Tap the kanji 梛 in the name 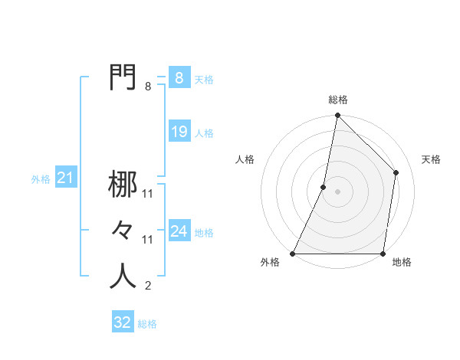pos(123,185)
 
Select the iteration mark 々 pos(123,230)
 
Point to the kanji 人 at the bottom pos(123,276)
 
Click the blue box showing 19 pos(179,132)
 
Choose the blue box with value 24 pos(179,231)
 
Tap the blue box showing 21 pos(65,178)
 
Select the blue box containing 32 pos(123,322)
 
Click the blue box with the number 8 pos(179,78)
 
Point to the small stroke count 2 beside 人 pos(148,286)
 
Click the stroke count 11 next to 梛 pos(148,195)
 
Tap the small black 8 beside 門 pos(148,87)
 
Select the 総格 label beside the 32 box pos(147,324)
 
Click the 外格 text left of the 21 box pos(41,180)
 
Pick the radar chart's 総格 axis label pos(337,100)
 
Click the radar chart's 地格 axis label pos(402,263)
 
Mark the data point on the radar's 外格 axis pos(293,254)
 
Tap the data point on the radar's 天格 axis pos(396,172)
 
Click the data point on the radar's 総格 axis pos(337,116)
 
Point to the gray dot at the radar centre pos(337,191)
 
